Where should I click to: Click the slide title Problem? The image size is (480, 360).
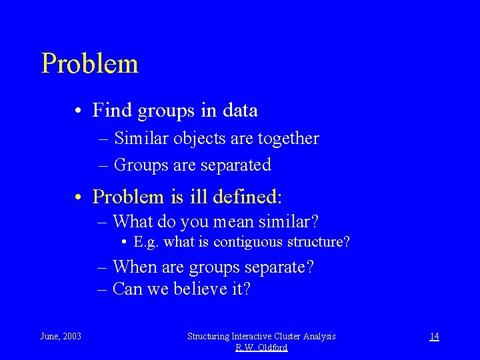pyautogui.click(x=89, y=64)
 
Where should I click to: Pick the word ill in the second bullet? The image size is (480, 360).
pyautogui.click(x=198, y=197)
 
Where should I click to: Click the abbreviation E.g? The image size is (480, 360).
pyautogui.click(x=147, y=241)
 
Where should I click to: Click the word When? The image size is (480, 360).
pyautogui.click(x=136, y=267)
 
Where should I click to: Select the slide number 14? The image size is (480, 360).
pyautogui.click(x=433, y=336)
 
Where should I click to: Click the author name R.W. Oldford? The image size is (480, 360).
pyautogui.click(x=261, y=347)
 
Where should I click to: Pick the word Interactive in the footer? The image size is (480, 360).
pyautogui.click(x=255, y=336)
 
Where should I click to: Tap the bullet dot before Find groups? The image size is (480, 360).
pyautogui.click(x=79, y=111)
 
